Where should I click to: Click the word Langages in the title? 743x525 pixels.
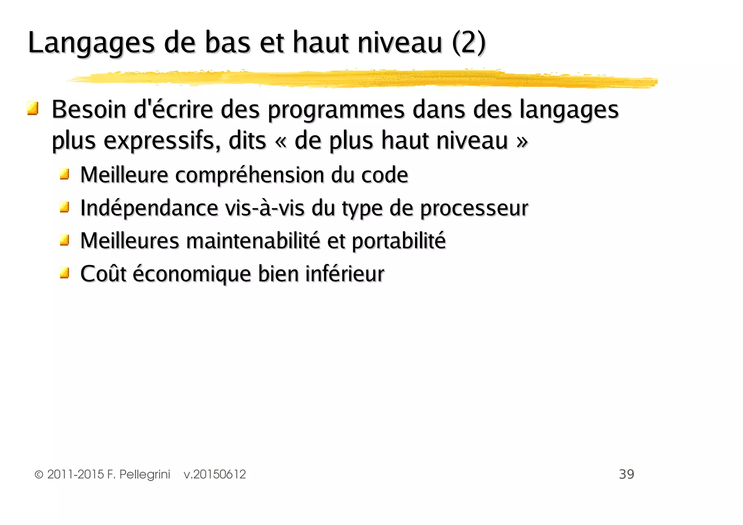coord(91,43)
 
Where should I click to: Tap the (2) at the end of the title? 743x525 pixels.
coord(468,43)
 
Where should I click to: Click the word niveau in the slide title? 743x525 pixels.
coord(400,43)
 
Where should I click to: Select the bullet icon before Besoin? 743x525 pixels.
coord(33,108)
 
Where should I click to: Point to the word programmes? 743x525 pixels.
coord(336,110)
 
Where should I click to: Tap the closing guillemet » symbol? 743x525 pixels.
coord(522,141)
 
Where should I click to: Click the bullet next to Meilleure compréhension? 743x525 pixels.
coord(65,174)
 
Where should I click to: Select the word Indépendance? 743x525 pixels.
coord(149,208)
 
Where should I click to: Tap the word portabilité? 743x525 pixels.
coord(399,241)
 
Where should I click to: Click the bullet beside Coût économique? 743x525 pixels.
coord(65,272)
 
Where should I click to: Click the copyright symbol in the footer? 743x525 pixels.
coord(39,475)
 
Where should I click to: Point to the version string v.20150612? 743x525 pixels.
coord(215,475)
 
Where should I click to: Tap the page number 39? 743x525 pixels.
coord(626,474)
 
